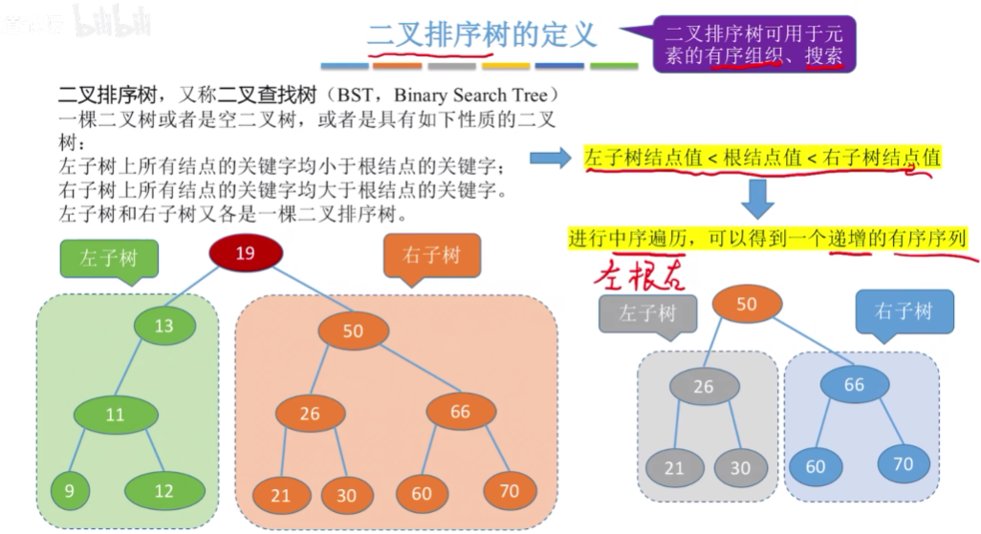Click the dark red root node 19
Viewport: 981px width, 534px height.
pyautogui.click(x=245, y=253)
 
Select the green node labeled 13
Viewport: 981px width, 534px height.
pyautogui.click(x=164, y=326)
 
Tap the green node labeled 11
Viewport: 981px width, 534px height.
pyautogui.click(x=115, y=416)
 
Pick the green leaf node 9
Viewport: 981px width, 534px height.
pyautogui.click(x=70, y=491)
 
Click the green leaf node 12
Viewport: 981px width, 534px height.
pyautogui.click(x=163, y=491)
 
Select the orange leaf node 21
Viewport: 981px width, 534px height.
pyautogui.click(x=280, y=495)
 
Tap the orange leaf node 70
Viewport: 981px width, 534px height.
pyautogui.click(x=509, y=490)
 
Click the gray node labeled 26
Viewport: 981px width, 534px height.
pyautogui.click(x=704, y=386)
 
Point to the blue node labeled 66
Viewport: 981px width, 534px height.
pyautogui.click(x=854, y=384)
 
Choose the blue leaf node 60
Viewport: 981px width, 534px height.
pyautogui.click(x=815, y=467)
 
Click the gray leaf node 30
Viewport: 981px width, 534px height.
pyautogui.click(x=740, y=468)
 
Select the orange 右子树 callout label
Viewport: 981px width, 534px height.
pyautogui.click(x=432, y=255)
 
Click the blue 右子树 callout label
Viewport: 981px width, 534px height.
pyautogui.click(x=903, y=311)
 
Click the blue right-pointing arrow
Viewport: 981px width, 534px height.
pyautogui.click(x=551, y=158)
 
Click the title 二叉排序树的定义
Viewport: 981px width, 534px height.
pyautogui.click(x=482, y=34)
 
